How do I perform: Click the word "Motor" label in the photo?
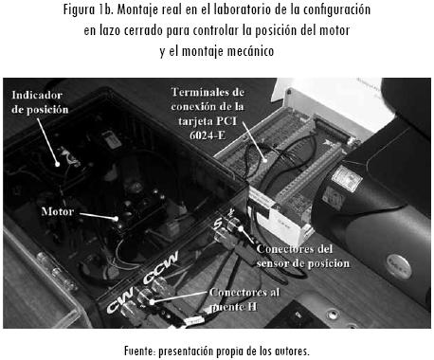58,211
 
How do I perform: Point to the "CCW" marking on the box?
161,267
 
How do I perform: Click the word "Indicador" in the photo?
37,95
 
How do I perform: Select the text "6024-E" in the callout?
208,135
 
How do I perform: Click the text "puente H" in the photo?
234,307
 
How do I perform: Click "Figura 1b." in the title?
88,9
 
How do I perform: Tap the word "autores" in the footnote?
292,351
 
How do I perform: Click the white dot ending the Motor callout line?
117,219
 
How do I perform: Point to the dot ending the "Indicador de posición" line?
57,164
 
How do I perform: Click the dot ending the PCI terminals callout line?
265,160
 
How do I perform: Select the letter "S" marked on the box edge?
217,225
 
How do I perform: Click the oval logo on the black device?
399,265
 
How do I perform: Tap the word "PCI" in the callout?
226,121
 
